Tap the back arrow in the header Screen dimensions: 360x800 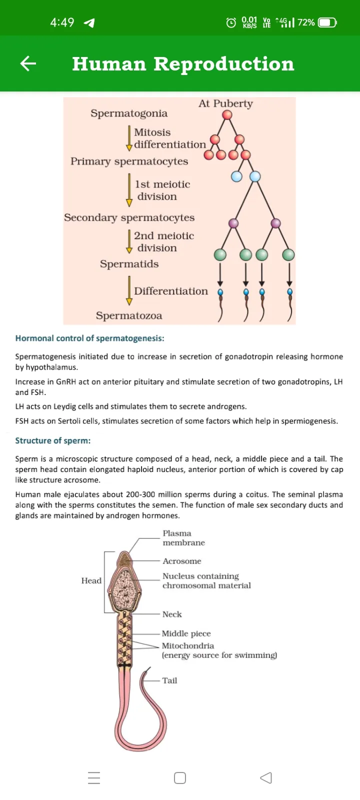pos(28,63)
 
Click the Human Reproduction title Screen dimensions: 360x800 pos(183,64)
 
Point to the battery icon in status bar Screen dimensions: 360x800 pos(327,23)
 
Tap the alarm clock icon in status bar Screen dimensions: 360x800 pos(231,23)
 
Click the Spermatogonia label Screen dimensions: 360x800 pos(129,113)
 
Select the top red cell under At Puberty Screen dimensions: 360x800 pos(227,114)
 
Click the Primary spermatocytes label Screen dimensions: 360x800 pos(129,161)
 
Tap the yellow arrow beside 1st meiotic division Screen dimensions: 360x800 pos(129,190)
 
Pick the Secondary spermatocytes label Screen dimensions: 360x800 pos(129,217)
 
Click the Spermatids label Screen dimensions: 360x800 pos(129,264)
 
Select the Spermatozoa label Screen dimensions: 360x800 pos(129,315)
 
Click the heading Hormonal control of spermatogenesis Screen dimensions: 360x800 pos(89,338)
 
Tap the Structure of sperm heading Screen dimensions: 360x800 pos(53,440)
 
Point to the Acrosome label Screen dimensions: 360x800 pos(182,561)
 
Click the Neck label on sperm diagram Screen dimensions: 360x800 pos(172,614)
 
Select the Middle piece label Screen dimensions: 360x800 pos(186,633)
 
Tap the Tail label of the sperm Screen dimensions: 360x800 pos(169,680)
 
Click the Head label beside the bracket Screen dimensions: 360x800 pos(91,580)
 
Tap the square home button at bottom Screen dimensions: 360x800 pos(180,778)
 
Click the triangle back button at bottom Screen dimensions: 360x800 pos(266,778)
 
